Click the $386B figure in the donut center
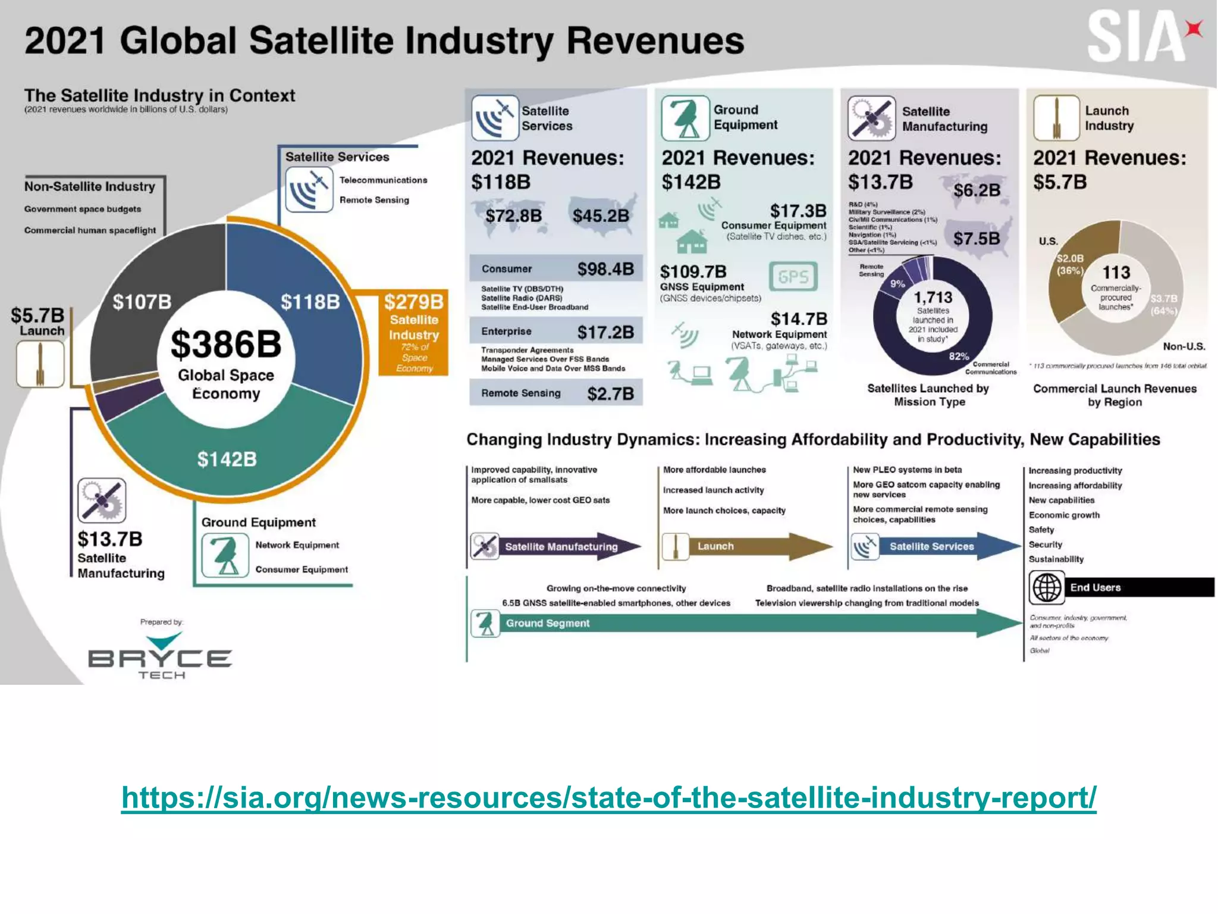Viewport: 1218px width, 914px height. [x=226, y=344]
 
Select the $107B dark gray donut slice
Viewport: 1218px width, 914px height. [x=143, y=302]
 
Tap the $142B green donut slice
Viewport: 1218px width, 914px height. [x=227, y=459]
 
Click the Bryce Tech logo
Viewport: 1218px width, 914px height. [x=160, y=657]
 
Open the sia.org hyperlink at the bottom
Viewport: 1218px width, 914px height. [x=608, y=797]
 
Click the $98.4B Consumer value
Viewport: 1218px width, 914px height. [x=605, y=269]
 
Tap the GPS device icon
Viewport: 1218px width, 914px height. [x=793, y=277]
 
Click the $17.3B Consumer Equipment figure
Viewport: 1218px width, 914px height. [x=798, y=211]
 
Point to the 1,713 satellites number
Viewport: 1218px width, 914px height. [x=933, y=297]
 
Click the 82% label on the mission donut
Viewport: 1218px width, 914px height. [x=958, y=356]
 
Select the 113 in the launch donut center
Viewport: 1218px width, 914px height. [x=1116, y=273]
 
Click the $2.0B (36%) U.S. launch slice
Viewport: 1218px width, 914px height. [x=1069, y=265]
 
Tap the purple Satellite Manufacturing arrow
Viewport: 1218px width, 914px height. [x=559, y=546]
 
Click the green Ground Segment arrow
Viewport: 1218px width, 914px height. [x=743, y=623]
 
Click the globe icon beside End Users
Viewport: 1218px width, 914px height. [x=1046, y=587]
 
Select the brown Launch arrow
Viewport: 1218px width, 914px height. [x=749, y=546]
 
